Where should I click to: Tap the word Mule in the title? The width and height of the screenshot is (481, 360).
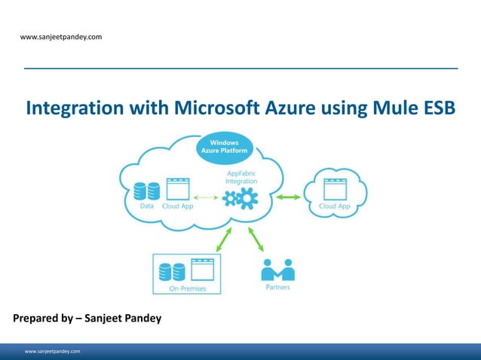tap(397, 108)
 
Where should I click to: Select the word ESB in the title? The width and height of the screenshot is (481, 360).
tap(439, 108)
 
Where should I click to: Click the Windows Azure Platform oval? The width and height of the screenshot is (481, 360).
tap(224, 146)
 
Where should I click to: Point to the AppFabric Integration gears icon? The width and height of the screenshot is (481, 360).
tap(240, 199)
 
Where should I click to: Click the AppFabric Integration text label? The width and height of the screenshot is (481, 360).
tap(241, 177)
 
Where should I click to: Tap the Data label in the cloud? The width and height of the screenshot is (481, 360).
tap(146, 206)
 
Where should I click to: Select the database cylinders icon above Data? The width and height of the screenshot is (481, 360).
tap(147, 191)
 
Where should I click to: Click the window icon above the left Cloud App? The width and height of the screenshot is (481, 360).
tap(177, 189)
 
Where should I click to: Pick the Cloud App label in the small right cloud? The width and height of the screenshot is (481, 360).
tap(334, 206)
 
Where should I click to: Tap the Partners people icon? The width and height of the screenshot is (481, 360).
tap(277, 270)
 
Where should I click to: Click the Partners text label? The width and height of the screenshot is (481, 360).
tap(277, 287)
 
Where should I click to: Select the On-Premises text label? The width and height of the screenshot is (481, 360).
tap(187, 288)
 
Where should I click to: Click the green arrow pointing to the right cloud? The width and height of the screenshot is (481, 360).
tap(288, 197)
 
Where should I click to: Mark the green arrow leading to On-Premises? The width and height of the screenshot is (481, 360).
tap(225, 239)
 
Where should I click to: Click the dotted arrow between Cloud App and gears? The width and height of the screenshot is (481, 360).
tap(207, 197)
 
